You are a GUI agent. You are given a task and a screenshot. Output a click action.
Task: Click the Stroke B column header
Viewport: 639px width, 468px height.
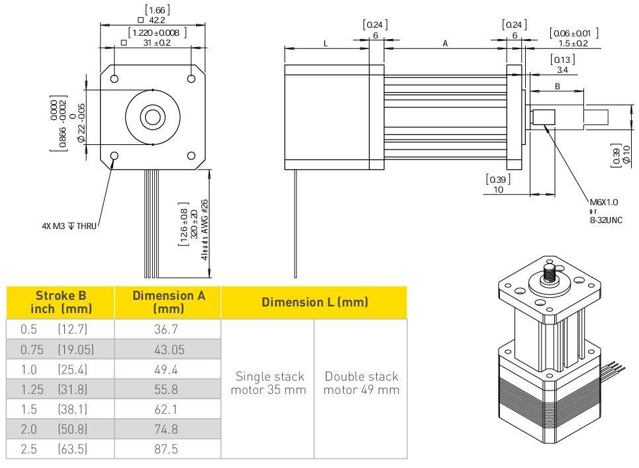[x=61, y=302]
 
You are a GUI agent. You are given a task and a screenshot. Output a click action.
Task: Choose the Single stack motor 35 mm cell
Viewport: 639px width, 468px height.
[x=268, y=383]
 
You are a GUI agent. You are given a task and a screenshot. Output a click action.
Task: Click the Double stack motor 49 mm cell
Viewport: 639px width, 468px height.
[x=361, y=383]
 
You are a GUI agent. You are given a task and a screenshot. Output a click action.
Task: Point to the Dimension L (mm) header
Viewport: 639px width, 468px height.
[x=315, y=302]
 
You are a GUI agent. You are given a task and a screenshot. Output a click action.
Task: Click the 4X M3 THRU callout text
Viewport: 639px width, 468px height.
[x=69, y=226]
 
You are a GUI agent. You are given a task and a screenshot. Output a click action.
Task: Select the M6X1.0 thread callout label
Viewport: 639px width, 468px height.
[x=603, y=203]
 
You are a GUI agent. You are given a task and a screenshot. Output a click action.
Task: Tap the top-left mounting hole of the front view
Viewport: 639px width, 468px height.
[x=115, y=79]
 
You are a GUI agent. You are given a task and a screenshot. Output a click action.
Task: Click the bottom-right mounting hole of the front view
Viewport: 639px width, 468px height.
[x=191, y=156]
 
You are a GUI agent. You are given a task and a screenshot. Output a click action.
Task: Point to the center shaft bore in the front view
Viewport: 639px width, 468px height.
[x=153, y=117]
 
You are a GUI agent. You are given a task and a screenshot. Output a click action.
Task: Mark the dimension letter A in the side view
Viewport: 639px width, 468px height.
[x=445, y=43]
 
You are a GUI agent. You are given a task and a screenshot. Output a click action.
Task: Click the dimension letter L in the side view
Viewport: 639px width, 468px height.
[x=325, y=43]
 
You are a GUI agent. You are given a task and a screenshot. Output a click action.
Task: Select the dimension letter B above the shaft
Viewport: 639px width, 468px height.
[x=558, y=86]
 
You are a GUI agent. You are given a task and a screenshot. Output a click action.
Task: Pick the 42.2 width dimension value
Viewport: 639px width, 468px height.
[x=157, y=20]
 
